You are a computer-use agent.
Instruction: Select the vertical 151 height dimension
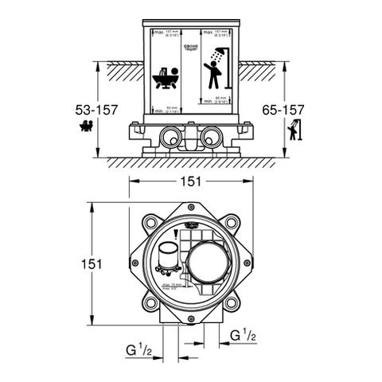[95, 263]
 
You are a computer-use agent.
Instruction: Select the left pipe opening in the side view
[171, 137]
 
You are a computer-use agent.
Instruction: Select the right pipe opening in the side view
[211, 137]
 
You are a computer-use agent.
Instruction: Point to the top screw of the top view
[191, 208]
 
